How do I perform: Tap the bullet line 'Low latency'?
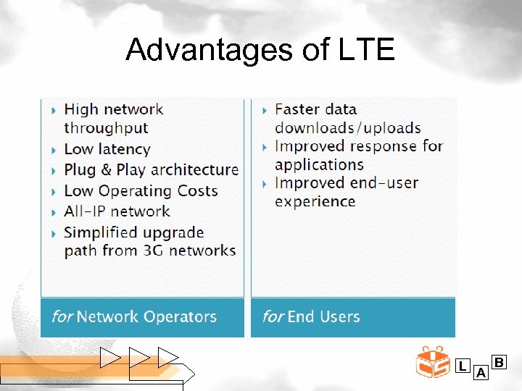[107, 149]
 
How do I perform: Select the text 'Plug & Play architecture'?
[151, 169]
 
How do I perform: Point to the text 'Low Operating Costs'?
[141, 190]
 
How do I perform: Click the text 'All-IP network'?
[117, 211]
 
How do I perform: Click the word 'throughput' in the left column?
[106, 128]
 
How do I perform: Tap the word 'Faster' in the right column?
[297, 109]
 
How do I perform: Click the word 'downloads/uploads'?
[347, 128]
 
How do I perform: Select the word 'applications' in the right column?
[319, 164]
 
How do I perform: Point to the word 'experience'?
[315, 201]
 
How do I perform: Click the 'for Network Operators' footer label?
[134, 316]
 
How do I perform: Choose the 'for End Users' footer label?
[311, 316]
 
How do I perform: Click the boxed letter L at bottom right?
[462, 366]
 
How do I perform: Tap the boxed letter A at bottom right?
[480, 373]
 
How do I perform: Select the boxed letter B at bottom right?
[499, 361]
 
